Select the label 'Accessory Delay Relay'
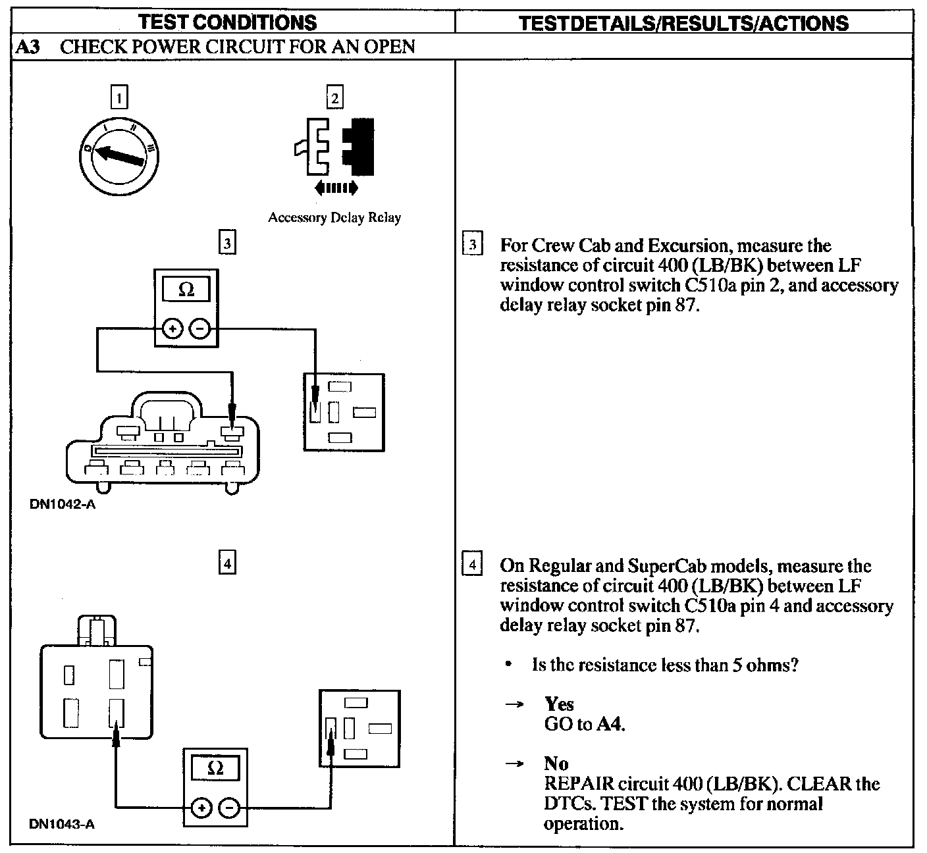pos(334,217)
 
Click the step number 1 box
pos(119,97)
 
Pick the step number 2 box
pos(335,98)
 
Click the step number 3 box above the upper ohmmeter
pos(227,244)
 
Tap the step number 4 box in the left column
pos(227,563)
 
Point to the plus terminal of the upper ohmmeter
pos(172,328)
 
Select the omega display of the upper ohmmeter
pos(186,290)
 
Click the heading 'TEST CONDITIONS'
pos(228,22)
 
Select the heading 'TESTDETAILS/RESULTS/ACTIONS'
pos(683,23)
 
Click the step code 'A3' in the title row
pos(28,47)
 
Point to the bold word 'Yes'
pos(559,704)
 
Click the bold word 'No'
pos(556,763)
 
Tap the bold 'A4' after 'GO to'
pos(610,724)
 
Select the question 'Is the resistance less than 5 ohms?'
pos(665,665)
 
